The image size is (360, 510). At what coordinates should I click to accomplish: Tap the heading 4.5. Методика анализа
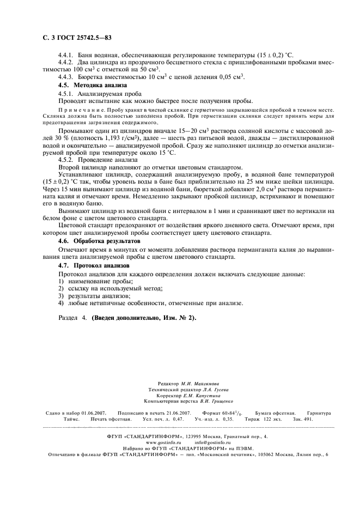92,85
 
